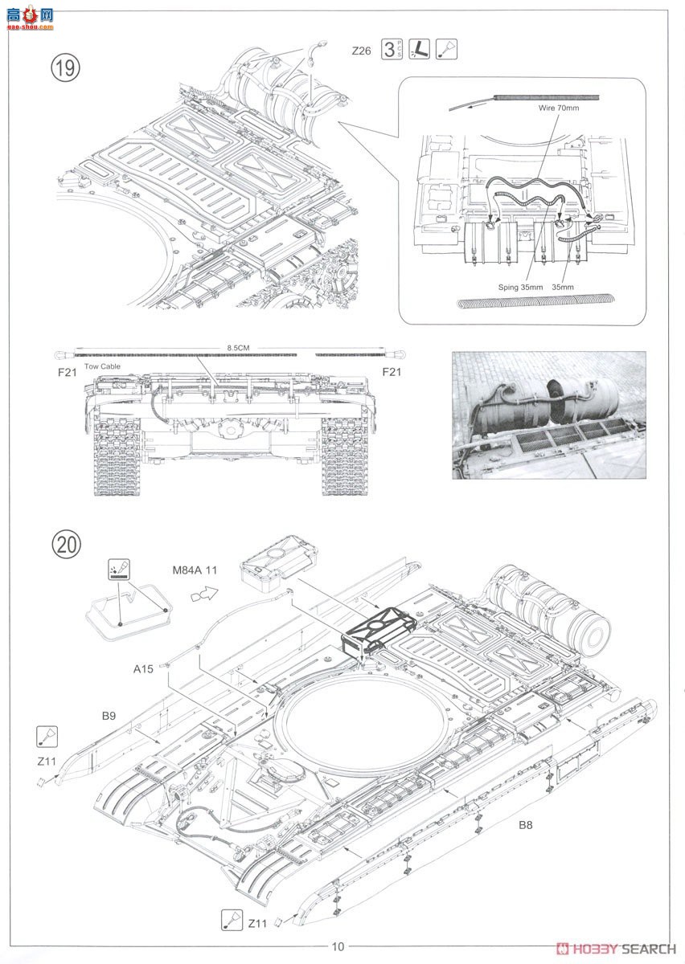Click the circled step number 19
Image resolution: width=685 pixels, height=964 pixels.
pos(66,67)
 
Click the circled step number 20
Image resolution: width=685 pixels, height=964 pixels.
pos(66,545)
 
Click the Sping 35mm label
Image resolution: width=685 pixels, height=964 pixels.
pos(520,287)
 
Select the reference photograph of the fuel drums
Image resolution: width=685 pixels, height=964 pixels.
pos(549,415)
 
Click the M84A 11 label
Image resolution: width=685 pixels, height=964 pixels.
pos(195,571)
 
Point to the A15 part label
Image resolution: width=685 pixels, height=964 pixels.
pos(144,668)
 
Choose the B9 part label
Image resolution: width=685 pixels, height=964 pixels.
pos(109,714)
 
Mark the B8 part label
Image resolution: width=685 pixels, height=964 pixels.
pos(525,824)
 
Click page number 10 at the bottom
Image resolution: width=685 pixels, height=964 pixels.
pos(338,946)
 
